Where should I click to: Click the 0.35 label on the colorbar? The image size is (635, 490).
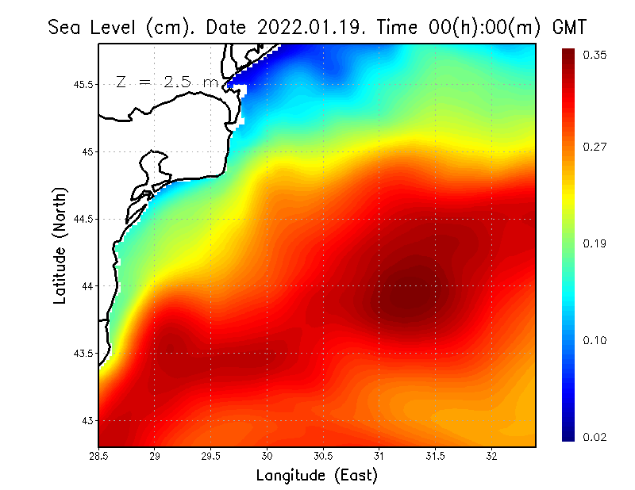click(595, 55)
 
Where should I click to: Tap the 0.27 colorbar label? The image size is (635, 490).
click(595, 147)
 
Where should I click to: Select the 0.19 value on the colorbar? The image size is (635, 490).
click(595, 243)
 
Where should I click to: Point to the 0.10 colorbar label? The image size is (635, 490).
click(595, 341)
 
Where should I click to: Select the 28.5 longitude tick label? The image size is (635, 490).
click(99, 456)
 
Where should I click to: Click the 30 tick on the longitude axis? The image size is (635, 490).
click(267, 456)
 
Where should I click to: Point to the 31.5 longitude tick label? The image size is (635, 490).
click(435, 456)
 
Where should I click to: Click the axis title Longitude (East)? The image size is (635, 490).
click(317, 476)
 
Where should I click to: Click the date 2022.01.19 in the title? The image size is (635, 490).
click(309, 27)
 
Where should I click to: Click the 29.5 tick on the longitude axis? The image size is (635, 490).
click(211, 456)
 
